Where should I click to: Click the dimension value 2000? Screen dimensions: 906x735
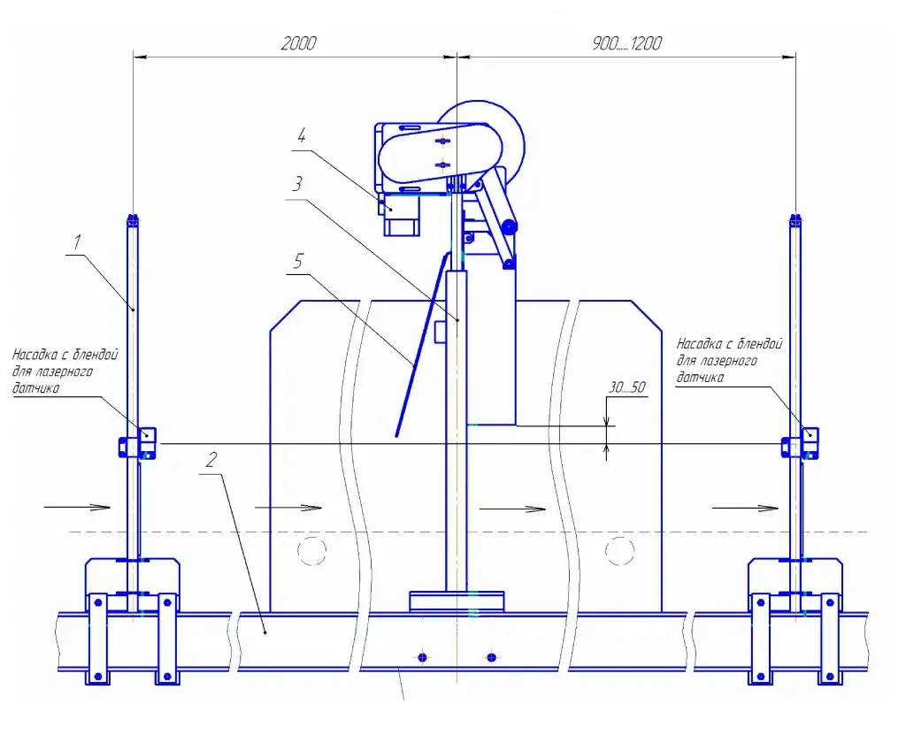(x=298, y=43)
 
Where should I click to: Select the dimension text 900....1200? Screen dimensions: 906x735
(x=627, y=43)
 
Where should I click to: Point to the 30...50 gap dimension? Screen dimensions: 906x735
(x=627, y=387)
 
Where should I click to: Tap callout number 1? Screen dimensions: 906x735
(x=77, y=242)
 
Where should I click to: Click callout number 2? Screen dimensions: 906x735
(x=211, y=460)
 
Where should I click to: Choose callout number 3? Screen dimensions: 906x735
(x=297, y=184)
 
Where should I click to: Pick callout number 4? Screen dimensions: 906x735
(x=301, y=136)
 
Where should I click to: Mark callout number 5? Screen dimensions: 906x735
(x=297, y=261)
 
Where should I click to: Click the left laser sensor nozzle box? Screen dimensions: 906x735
(x=148, y=434)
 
